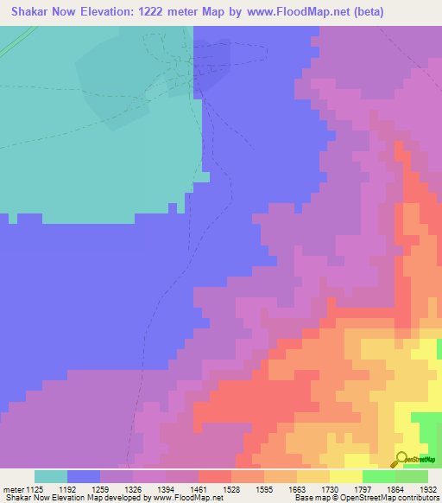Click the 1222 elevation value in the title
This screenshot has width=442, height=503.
pyautogui.click(x=163, y=11)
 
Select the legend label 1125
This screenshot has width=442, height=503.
pyautogui.click(x=35, y=488)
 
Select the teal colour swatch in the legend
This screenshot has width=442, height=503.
pyautogui.click(x=51, y=476)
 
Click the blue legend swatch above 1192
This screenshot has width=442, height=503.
pyautogui.click(x=84, y=476)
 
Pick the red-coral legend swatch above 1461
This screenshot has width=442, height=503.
pyautogui.click(x=215, y=476)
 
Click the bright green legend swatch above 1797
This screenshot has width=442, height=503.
pyautogui.click(x=379, y=476)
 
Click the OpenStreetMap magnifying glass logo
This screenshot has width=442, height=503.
pyautogui.click(x=401, y=458)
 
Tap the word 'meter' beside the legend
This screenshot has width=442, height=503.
pyautogui.click(x=13, y=488)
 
